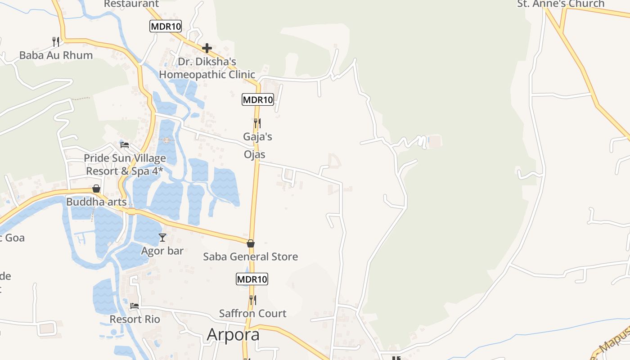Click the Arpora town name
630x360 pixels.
233,335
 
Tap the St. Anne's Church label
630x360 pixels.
561,4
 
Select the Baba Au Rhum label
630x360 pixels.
56,55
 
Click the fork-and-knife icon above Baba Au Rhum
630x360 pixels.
56,42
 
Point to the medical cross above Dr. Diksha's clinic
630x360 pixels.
207,48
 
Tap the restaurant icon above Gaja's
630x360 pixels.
257,123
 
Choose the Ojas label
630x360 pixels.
255,154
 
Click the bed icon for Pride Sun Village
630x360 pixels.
125,145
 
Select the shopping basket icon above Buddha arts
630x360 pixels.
96,189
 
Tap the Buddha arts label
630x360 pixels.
96,202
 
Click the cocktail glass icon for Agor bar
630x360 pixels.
162,237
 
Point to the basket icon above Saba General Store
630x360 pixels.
251,243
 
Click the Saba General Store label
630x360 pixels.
251,257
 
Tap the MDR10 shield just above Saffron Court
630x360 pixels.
252,279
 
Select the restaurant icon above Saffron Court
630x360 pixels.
253,300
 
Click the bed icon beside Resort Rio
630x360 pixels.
135,306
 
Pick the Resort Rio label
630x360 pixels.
135,319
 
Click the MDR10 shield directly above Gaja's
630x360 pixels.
258,99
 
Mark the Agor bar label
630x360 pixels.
162,251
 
